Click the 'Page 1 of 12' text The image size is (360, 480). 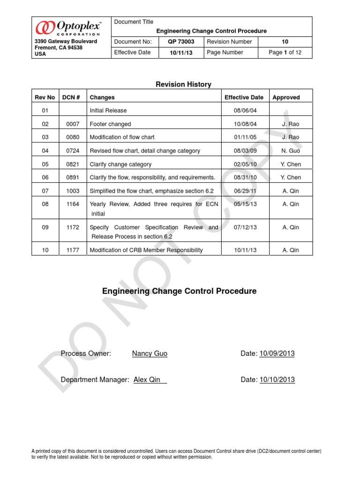click(x=285, y=52)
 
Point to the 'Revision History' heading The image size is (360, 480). click(x=183, y=84)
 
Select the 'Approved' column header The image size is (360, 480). click(x=286, y=97)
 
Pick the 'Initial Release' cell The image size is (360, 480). click(x=108, y=111)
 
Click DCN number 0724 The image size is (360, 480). click(x=73, y=151)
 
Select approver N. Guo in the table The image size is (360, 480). click(x=291, y=151)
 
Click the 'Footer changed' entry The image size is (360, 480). click(x=110, y=124)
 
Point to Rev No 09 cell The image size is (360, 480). click(x=45, y=227)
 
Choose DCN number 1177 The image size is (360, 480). click(x=73, y=250)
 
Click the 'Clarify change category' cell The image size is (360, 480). click(x=120, y=165)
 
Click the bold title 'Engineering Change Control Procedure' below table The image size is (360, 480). click(x=179, y=291)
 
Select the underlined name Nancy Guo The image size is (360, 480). click(x=150, y=353)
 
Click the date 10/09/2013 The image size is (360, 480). click(x=277, y=353)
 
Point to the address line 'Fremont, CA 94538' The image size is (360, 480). click(x=60, y=48)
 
